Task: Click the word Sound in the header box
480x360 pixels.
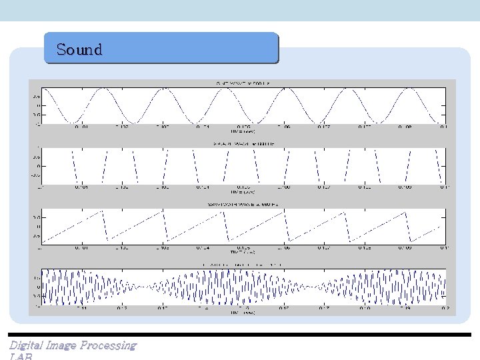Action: coord(79,49)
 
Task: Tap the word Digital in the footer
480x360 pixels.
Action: coord(25,345)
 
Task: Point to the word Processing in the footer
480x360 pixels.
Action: coord(108,345)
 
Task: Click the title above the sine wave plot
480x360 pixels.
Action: coord(241,83)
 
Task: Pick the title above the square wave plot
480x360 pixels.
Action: coord(241,143)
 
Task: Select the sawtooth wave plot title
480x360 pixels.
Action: coord(241,203)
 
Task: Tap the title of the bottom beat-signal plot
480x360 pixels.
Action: coord(241,265)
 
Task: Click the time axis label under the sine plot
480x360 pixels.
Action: coord(241,131)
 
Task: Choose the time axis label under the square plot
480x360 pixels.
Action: coord(241,191)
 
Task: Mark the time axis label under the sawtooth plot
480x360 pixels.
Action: coord(241,253)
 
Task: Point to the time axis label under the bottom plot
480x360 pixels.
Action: coord(241,312)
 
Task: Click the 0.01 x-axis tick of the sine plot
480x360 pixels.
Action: coord(81,127)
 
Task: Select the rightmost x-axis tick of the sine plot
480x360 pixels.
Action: coord(443,127)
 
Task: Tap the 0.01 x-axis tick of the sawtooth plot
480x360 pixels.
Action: coord(81,247)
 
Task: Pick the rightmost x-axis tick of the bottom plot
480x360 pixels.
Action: coord(443,307)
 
